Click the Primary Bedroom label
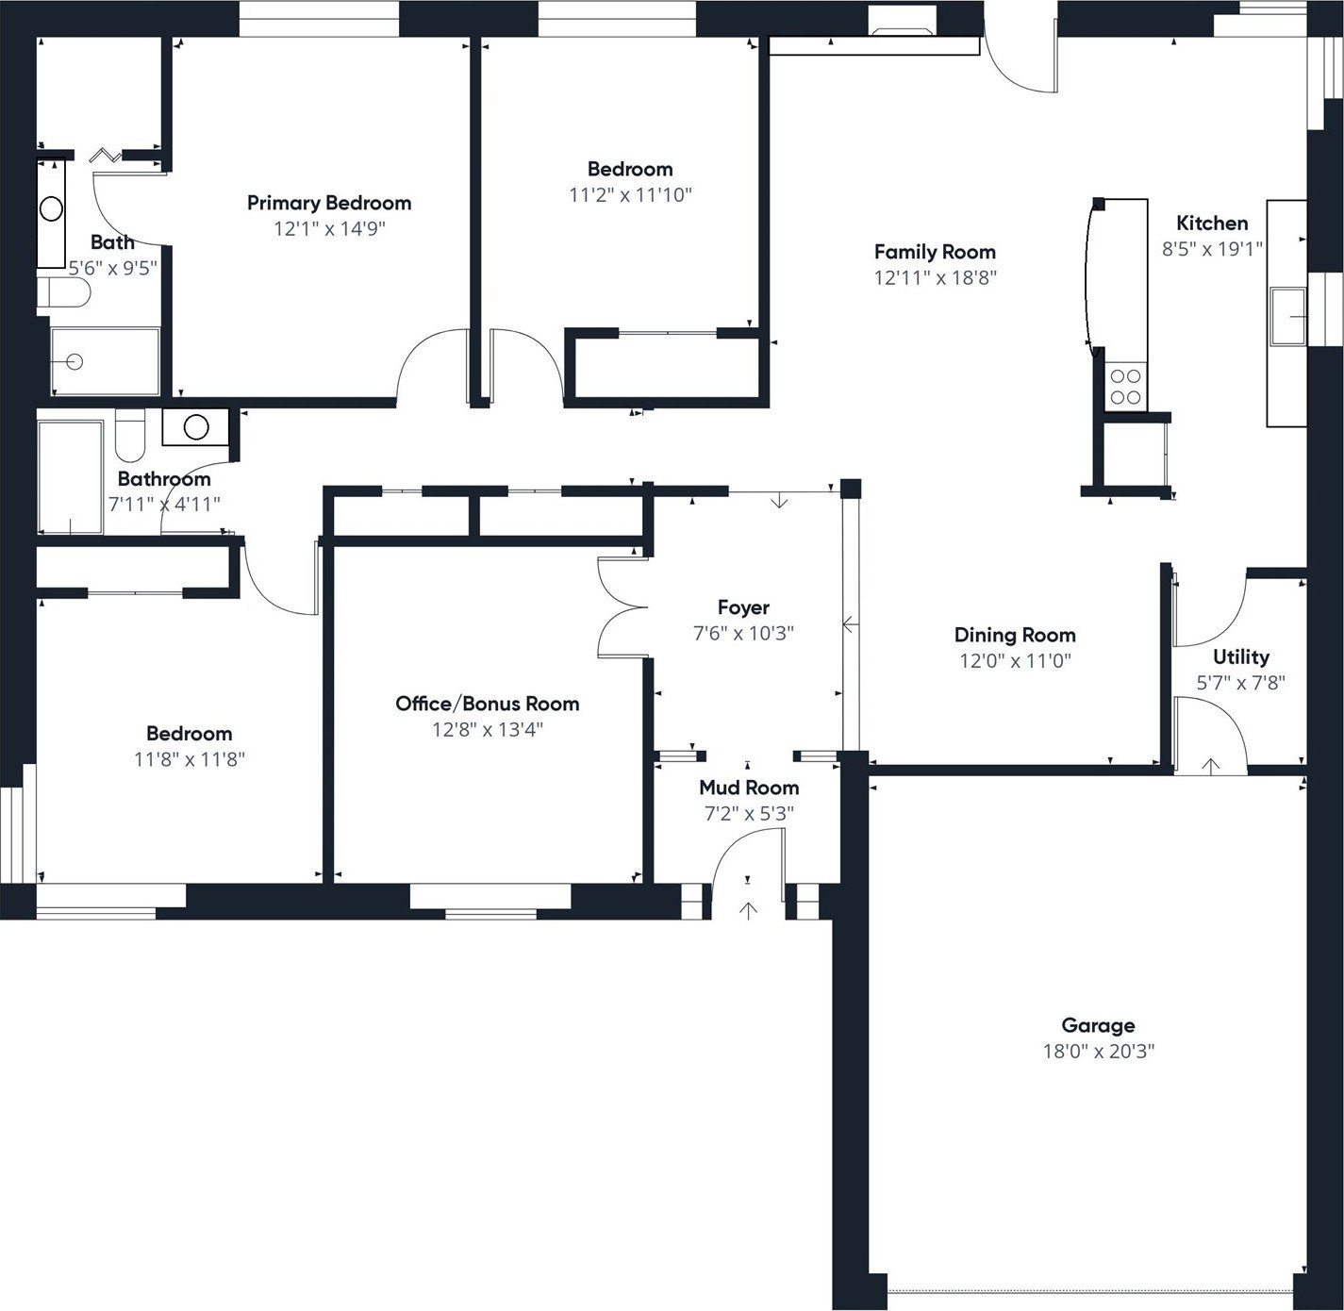(x=328, y=203)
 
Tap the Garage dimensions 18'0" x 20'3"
(x=1098, y=1051)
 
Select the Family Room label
(x=934, y=252)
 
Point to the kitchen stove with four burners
(x=1125, y=387)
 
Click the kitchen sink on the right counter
(x=1286, y=317)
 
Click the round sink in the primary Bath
(x=51, y=209)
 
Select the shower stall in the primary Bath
(x=105, y=361)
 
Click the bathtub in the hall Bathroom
(x=70, y=476)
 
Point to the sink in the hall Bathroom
(x=195, y=427)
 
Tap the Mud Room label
(x=749, y=788)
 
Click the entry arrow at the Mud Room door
(x=748, y=910)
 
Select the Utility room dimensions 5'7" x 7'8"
(x=1240, y=683)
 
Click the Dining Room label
(x=1014, y=635)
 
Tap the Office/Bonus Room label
(x=487, y=704)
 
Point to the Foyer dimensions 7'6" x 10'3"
(x=743, y=634)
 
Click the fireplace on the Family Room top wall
(x=902, y=32)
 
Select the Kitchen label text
(x=1212, y=224)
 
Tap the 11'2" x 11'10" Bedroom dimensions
(x=630, y=195)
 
